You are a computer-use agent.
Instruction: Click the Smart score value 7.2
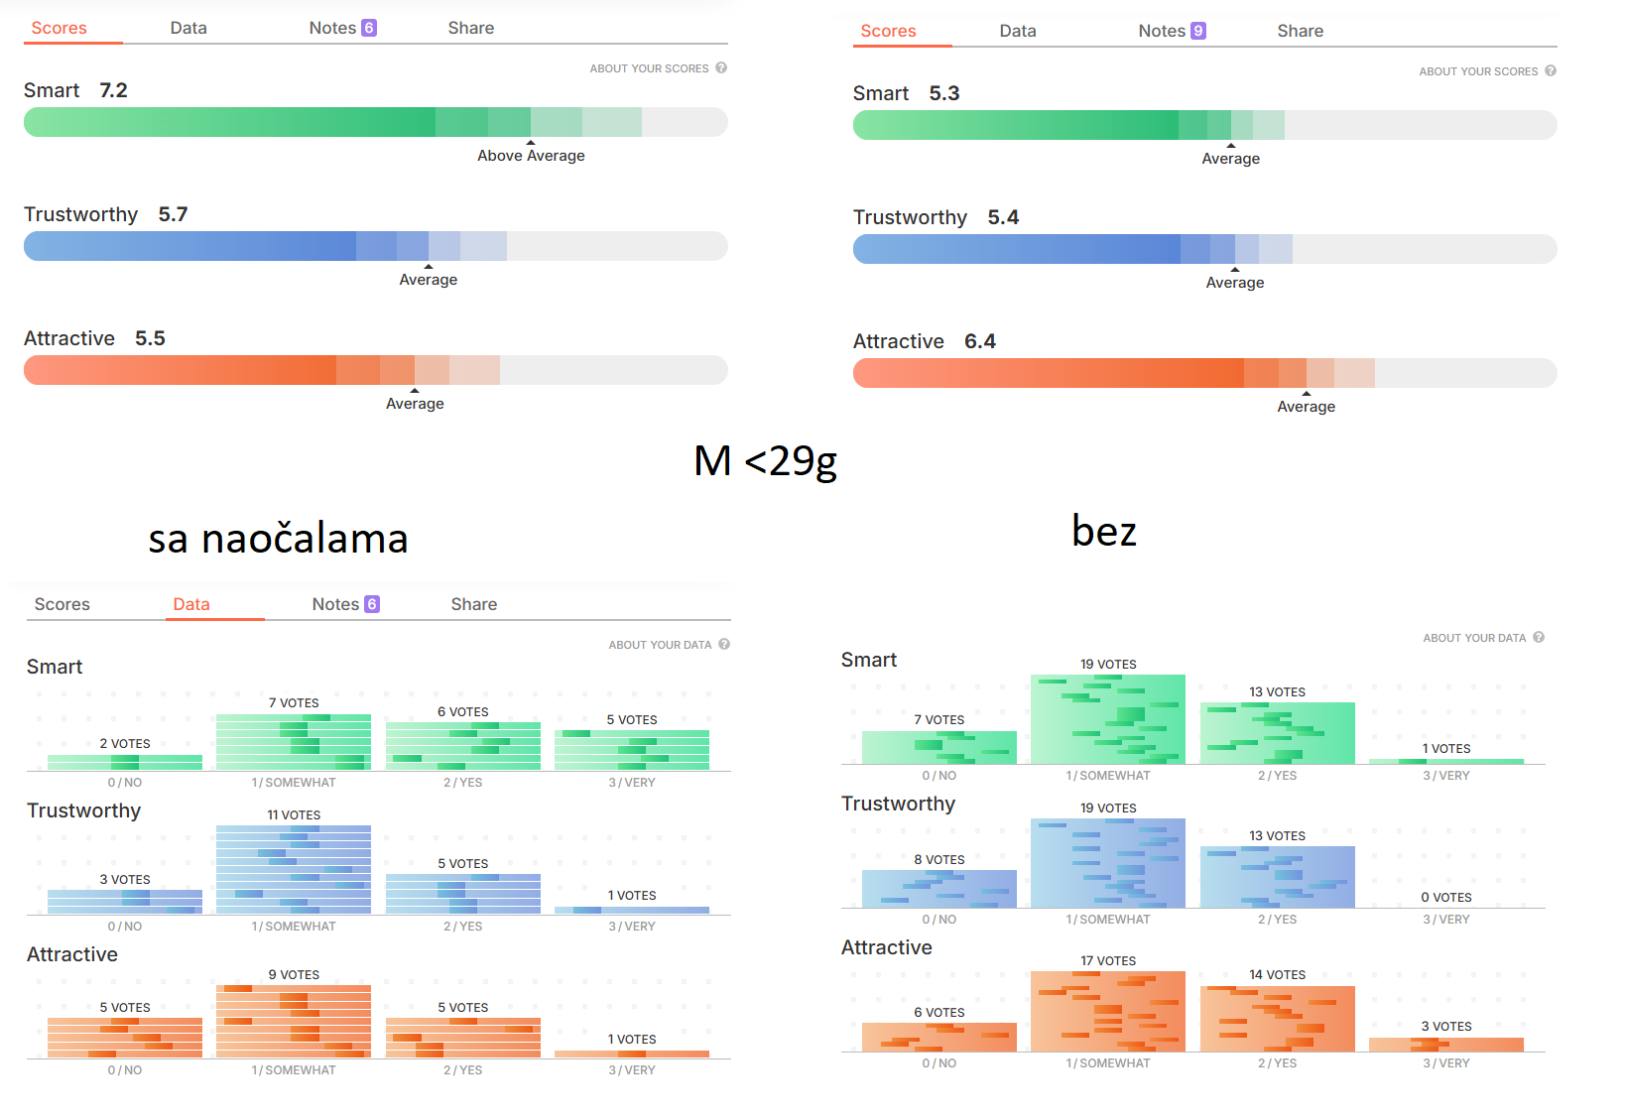point(113,90)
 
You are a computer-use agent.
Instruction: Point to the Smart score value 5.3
point(943,93)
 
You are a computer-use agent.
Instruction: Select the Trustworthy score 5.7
point(173,214)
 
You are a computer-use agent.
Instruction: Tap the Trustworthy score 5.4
point(1003,217)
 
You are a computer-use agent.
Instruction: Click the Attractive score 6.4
point(979,341)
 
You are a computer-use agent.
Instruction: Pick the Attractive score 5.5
point(150,338)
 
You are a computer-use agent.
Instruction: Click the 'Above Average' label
point(531,156)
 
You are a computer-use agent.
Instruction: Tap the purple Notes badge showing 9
point(1198,31)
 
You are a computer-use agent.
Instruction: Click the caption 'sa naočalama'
point(278,539)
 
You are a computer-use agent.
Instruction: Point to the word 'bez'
point(1103,532)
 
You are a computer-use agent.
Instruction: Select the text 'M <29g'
point(765,461)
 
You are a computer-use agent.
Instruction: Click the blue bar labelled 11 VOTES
point(294,870)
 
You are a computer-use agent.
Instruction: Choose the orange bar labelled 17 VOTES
point(1108,1011)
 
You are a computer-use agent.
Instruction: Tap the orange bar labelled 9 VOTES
point(294,1021)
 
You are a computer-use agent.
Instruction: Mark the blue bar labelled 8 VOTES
point(938,889)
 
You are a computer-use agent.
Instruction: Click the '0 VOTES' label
point(1446,897)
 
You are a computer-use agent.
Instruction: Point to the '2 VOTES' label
point(125,743)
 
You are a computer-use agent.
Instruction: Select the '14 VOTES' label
point(1278,974)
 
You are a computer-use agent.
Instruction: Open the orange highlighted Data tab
point(191,604)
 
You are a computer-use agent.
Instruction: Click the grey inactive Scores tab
point(62,604)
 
